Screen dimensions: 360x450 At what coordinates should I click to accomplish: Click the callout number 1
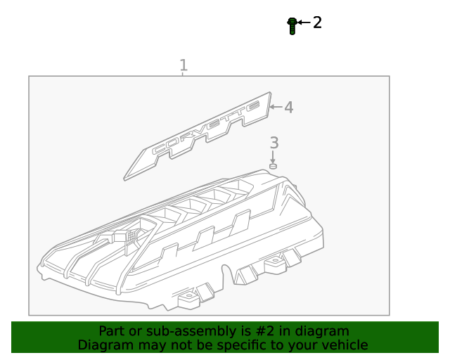184,65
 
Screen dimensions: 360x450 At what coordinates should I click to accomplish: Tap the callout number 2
317,22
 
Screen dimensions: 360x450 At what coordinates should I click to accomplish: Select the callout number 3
274,143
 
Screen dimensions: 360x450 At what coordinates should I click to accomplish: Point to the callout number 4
288,108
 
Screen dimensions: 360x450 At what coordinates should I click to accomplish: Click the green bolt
291,25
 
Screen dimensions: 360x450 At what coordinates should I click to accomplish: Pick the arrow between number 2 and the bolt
303,23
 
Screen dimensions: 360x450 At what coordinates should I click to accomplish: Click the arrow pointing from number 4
275,108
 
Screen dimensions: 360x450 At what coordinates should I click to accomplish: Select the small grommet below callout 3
273,166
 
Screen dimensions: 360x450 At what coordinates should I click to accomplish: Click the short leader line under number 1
183,74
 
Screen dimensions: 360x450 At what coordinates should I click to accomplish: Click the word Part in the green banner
112,331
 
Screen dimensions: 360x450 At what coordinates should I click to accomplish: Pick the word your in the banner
303,345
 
